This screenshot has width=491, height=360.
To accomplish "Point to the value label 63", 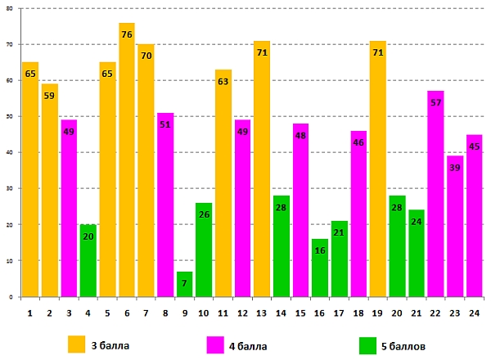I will pyautogui.click(x=223, y=81).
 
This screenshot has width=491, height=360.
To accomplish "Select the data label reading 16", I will pyautogui.click(x=320, y=250).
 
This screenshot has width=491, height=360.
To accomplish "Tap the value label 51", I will pyautogui.click(x=165, y=124).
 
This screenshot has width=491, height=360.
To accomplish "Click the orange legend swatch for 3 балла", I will pyautogui.click(x=77, y=345).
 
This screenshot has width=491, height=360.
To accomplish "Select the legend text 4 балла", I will pyautogui.click(x=249, y=346).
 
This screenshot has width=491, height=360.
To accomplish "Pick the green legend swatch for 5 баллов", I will pyautogui.click(x=368, y=345).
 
